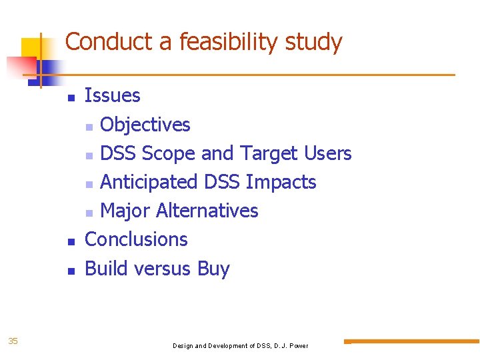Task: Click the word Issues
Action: [113, 96]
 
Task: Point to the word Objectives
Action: [145, 125]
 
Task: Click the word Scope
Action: [169, 154]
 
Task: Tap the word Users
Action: [327, 153]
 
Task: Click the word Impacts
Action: [281, 182]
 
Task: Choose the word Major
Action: [125, 211]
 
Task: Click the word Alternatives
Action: [207, 211]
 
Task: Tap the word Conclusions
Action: [137, 239]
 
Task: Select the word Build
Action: [107, 269]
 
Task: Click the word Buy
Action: [213, 269]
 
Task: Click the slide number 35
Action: [13, 341]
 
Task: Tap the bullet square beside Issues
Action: [71, 97]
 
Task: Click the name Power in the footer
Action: [297, 346]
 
